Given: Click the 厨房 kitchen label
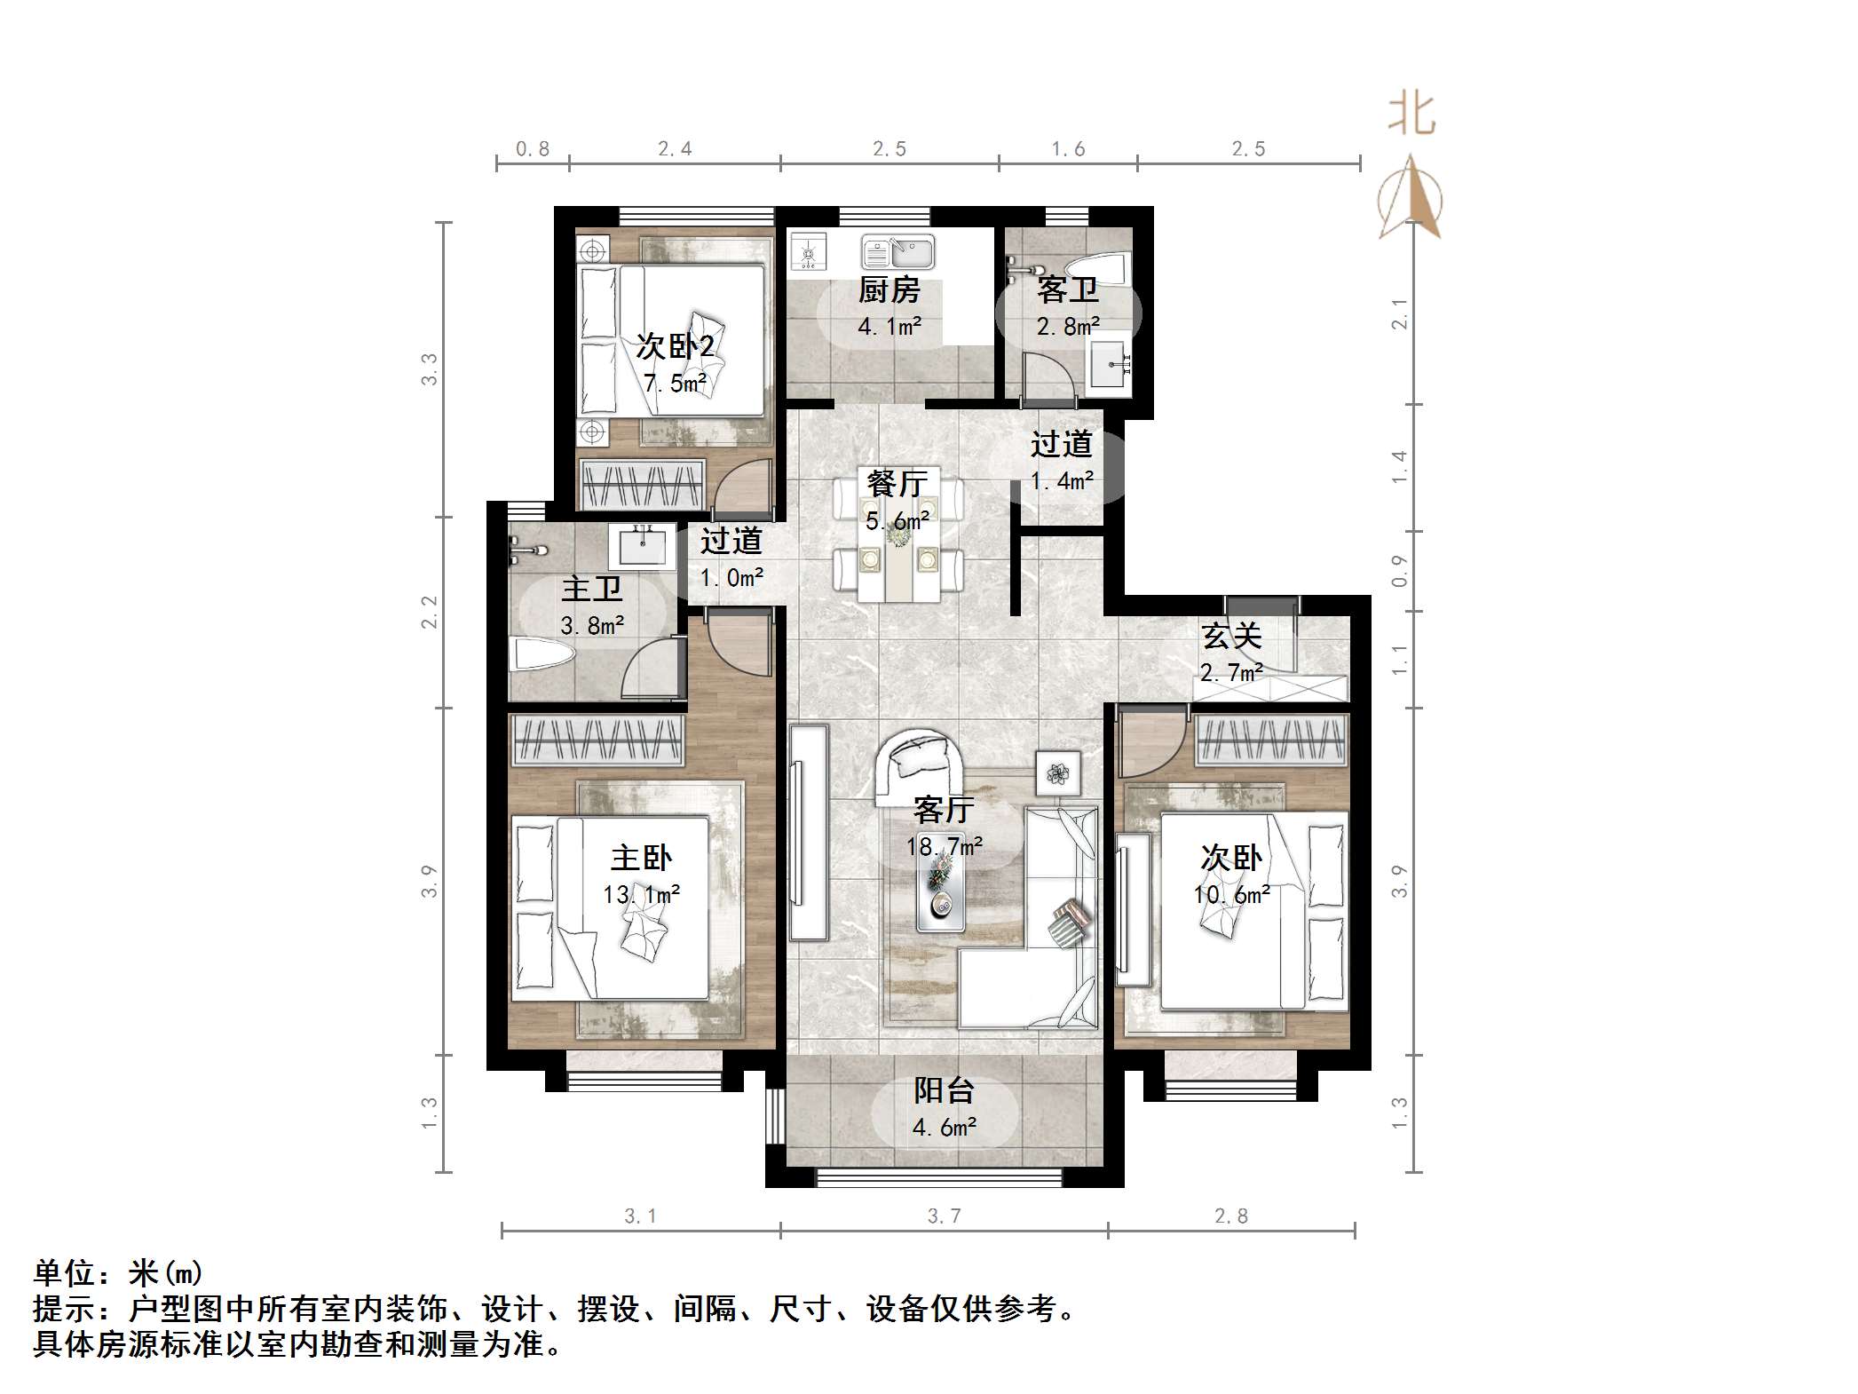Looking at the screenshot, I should (x=889, y=290).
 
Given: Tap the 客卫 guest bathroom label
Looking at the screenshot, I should (x=1067, y=290).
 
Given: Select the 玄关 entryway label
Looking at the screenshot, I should (x=1231, y=636).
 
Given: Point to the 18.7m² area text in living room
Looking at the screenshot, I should (x=944, y=847).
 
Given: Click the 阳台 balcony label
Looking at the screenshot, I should (x=945, y=1089).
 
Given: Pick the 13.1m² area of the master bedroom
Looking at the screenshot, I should (x=641, y=894).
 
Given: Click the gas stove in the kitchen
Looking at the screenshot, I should (x=809, y=251).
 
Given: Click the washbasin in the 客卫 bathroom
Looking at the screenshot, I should (x=1110, y=364).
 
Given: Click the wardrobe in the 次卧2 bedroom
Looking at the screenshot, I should (x=642, y=485).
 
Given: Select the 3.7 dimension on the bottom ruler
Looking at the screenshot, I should (x=944, y=1216).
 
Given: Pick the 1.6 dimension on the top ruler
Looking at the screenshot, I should (x=1068, y=149).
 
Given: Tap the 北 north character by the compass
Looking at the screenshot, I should (x=1411, y=115).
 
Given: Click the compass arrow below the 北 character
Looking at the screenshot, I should (x=1411, y=200).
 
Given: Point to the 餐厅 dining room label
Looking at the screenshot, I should (x=897, y=484).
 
